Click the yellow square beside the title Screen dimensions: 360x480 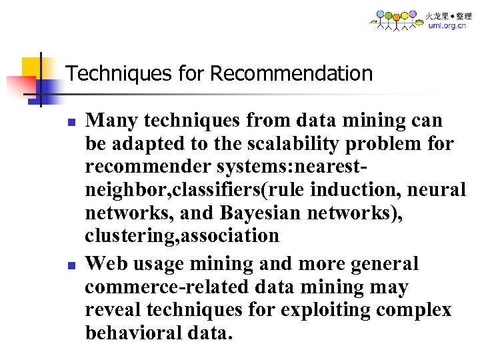32,67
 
